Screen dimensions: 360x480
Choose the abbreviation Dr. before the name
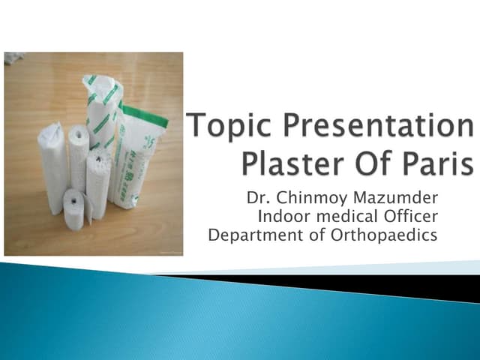pos(256,199)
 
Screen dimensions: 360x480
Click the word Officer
pos(410,217)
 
